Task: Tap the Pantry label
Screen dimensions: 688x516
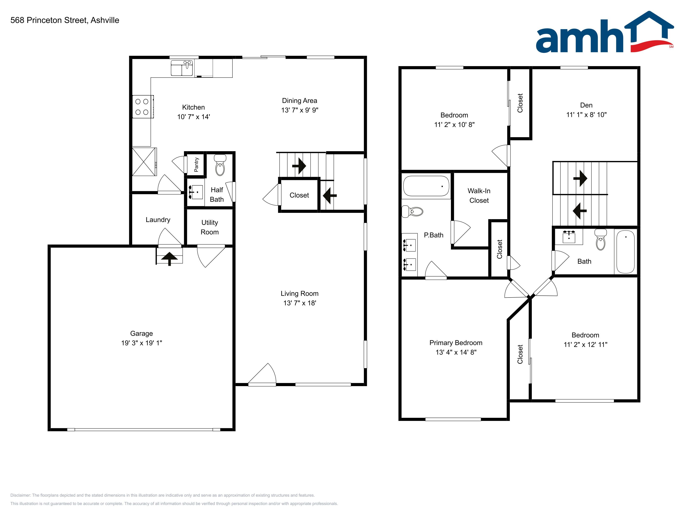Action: pyautogui.click(x=196, y=164)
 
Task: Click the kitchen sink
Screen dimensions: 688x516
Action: pyautogui.click(x=182, y=68)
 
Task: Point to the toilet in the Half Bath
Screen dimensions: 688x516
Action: pyautogui.click(x=220, y=165)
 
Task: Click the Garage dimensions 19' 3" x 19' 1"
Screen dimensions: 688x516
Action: pyautogui.click(x=142, y=343)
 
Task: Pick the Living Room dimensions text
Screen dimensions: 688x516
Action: pyautogui.click(x=300, y=303)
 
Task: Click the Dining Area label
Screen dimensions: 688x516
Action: pyautogui.click(x=300, y=101)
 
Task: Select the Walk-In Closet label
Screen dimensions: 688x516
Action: pyautogui.click(x=479, y=196)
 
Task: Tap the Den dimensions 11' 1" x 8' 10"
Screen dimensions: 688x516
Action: pyautogui.click(x=586, y=115)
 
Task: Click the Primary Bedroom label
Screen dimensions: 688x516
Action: pyautogui.click(x=456, y=343)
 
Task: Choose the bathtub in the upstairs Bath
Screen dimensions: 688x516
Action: pyautogui.click(x=625, y=252)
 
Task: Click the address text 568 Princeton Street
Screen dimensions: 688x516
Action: pyautogui.click(x=49, y=20)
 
